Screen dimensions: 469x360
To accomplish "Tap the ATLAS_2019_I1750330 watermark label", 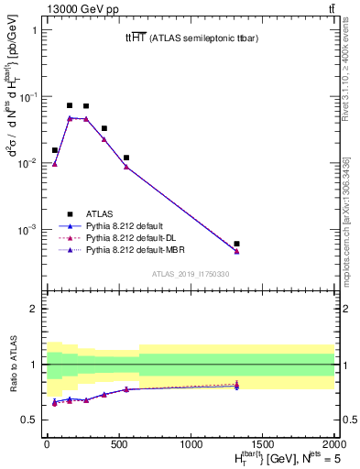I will pyautogui.click(x=190, y=274).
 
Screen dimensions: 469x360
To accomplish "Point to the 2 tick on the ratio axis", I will pyautogui.click(x=34, y=309).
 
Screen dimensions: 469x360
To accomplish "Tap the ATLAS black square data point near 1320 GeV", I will pyautogui.click(x=236, y=244).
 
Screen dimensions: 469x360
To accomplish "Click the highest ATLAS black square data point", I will pyautogui.click(x=70, y=105).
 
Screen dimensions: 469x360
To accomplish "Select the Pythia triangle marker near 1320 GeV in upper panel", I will pyautogui.click(x=236, y=251).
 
